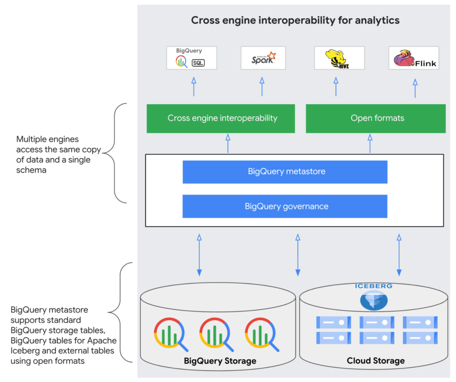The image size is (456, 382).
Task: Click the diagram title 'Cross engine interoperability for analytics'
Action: tap(295, 20)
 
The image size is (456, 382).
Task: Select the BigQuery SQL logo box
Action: tap(191, 57)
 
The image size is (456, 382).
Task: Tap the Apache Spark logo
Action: tap(263, 58)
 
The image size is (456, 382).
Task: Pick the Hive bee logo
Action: tap(339, 58)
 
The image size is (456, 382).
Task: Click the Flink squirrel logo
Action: tap(414, 58)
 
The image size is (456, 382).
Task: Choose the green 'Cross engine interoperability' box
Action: tap(221, 118)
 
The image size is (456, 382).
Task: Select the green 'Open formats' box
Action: tap(375, 118)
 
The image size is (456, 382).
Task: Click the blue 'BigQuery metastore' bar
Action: tap(285, 171)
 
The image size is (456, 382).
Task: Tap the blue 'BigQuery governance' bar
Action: tap(285, 207)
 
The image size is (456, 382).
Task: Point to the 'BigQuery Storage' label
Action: tap(220, 361)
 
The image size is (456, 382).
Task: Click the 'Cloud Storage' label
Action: tap(375, 361)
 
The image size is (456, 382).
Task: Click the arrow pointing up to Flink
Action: tap(415, 88)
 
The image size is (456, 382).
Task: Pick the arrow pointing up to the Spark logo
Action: tap(262, 87)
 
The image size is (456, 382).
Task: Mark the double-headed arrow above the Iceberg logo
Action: tap(399, 255)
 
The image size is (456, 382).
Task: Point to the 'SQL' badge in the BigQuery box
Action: tap(198, 63)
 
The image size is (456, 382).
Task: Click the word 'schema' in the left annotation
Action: tap(31, 170)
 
